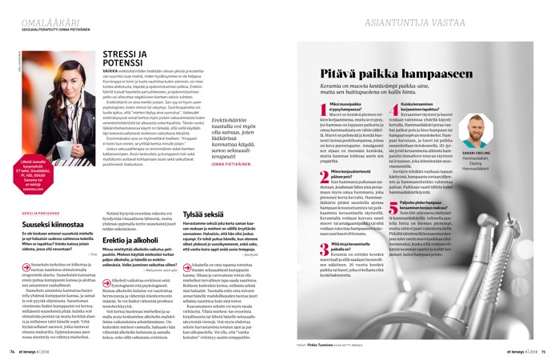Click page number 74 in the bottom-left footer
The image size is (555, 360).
(x=14, y=350)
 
